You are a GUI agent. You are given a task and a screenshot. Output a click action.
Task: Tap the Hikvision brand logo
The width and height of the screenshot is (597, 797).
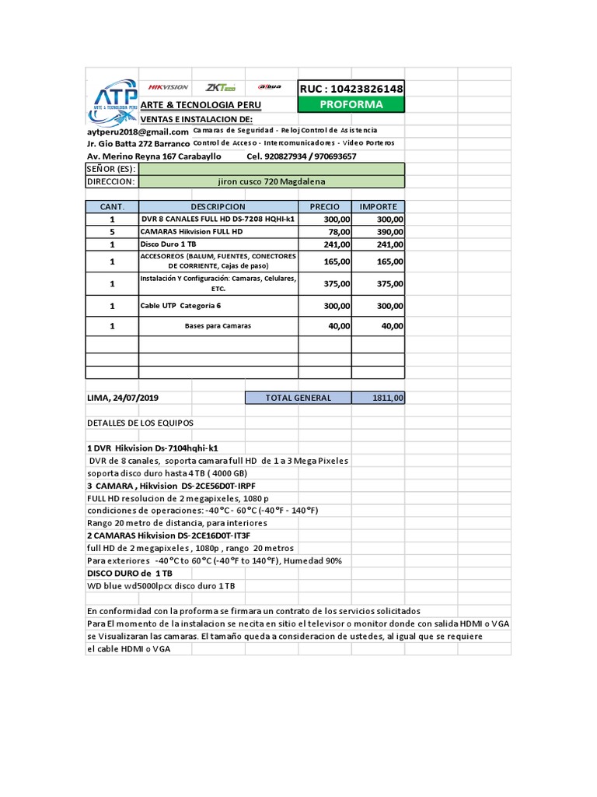tap(168, 87)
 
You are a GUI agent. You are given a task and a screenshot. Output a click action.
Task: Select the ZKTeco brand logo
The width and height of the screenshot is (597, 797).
tap(221, 88)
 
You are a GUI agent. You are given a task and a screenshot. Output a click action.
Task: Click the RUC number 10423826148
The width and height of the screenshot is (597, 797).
tap(351, 89)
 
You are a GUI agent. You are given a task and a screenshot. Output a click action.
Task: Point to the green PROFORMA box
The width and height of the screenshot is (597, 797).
tap(351, 104)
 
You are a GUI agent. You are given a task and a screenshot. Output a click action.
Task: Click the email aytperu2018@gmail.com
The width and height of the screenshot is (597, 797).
tap(138, 132)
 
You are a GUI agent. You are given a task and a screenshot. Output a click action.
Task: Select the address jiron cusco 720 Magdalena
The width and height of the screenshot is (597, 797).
tap(271, 181)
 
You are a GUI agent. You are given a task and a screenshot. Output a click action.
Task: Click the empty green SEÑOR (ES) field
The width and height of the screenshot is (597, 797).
tap(271, 169)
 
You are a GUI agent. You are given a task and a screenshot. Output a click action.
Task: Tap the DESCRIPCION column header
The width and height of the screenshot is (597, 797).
tap(218, 206)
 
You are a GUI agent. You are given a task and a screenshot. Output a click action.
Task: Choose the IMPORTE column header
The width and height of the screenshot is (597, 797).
tap(378, 206)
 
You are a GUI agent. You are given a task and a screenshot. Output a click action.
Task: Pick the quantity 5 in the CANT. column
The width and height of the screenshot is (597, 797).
tap(112, 232)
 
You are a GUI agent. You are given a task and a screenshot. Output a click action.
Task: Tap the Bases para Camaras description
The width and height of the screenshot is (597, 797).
tap(218, 325)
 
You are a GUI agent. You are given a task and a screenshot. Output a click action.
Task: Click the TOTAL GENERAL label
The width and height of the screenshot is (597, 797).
tap(298, 398)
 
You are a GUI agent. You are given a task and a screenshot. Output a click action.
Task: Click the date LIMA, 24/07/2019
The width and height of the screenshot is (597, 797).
tap(124, 398)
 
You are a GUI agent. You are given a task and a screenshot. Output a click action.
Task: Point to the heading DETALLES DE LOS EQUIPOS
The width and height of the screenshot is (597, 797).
tap(140, 423)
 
